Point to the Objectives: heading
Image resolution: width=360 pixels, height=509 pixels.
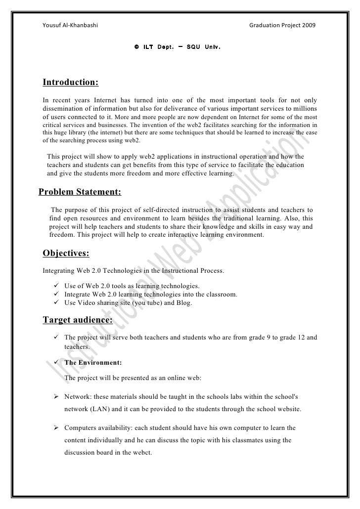[66, 254]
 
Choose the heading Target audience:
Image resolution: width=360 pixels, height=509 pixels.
[78, 320]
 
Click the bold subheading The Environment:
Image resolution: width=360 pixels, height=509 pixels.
[93, 362]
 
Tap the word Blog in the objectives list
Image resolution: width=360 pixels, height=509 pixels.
[182, 303]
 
